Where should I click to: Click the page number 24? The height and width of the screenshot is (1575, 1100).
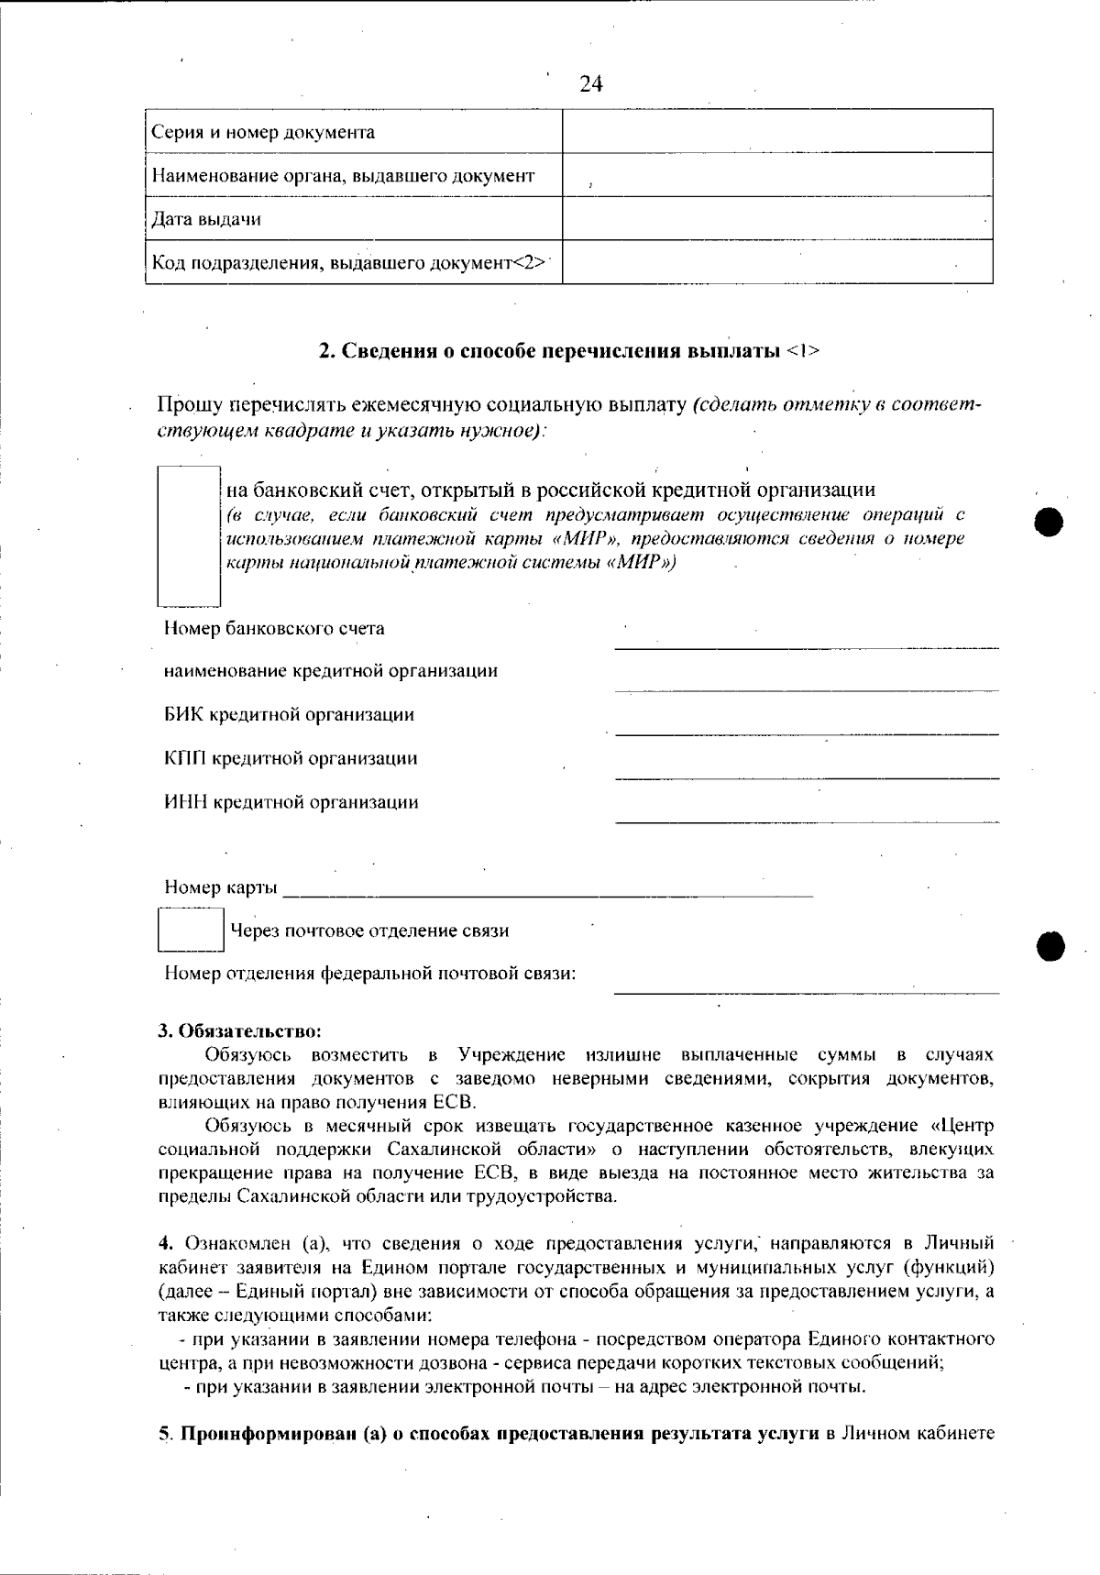click(x=591, y=84)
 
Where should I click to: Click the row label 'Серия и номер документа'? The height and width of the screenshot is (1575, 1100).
click(x=263, y=132)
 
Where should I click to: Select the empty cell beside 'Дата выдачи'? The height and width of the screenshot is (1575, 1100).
click(x=777, y=219)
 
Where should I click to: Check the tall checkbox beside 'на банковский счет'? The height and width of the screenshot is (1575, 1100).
click(x=190, y=535)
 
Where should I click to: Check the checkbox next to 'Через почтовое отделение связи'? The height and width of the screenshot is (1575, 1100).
click(x=191, y=930)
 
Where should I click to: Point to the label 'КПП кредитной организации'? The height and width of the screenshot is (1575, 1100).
click(x=291, y=758)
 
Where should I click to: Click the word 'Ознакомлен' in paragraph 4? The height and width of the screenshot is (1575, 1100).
click(x=239, y=1244)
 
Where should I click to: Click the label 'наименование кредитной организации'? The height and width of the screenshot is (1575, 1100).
click(x=331, y=671)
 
